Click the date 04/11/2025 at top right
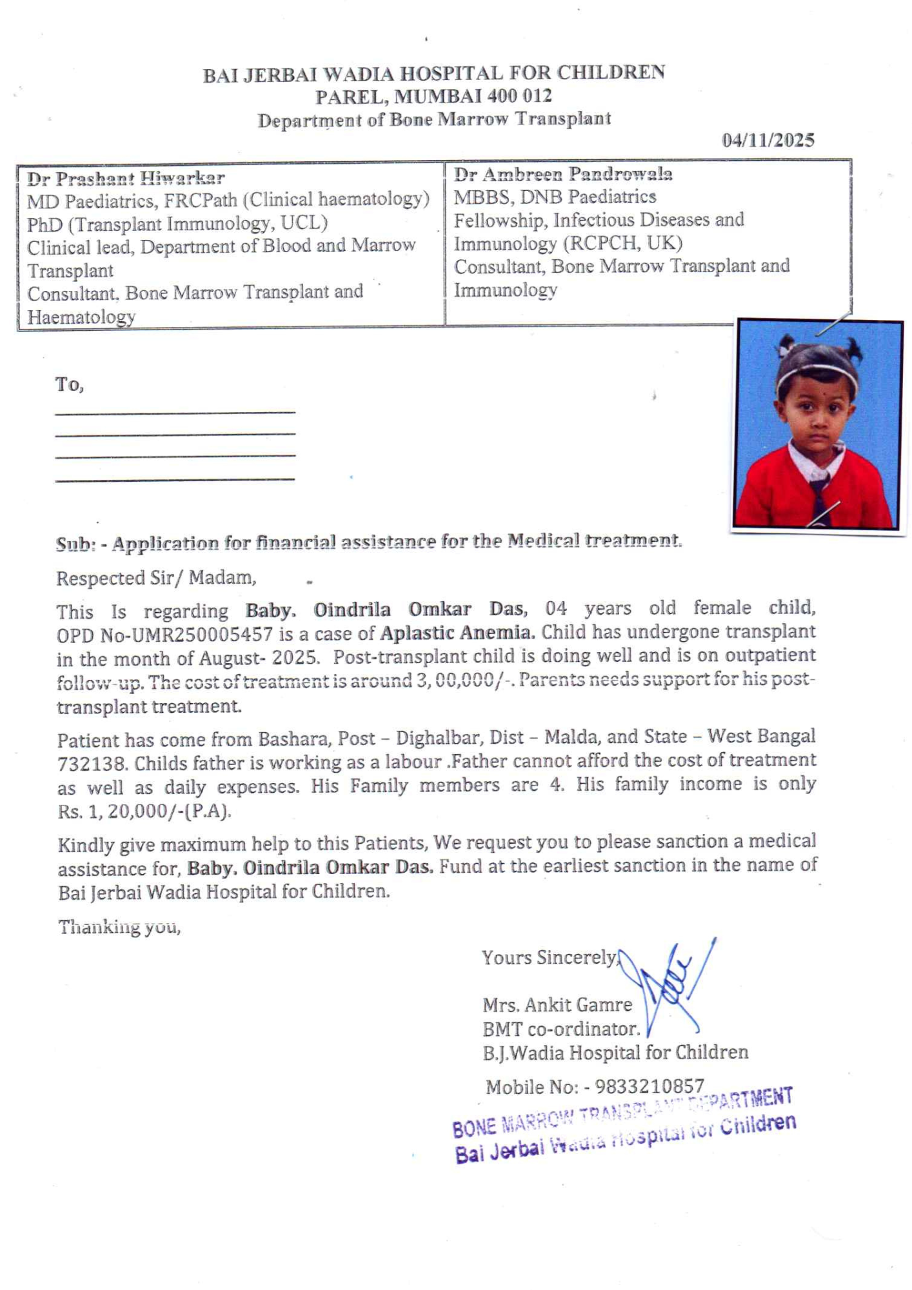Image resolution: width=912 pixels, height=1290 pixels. tap(768, 140)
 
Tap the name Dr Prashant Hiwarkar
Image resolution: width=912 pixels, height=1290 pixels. tap(126, 177)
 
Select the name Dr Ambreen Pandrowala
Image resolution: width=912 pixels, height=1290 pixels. tap(562, 174)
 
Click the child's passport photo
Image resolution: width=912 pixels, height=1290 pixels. tap(818, 425)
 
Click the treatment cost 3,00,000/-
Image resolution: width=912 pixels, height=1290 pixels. tap(465, 680)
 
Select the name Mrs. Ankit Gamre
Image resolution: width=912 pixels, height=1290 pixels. tap(557, 1005)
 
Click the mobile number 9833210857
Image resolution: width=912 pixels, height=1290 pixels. tap(649, 1087)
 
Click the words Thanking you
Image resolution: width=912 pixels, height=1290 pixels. tap(119, 928)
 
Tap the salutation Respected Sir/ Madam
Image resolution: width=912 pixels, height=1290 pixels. tap(156, 578)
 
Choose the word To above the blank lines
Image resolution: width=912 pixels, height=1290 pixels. tap(69, 385)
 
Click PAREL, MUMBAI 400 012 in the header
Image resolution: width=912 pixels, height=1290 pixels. tap(433, 96)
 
